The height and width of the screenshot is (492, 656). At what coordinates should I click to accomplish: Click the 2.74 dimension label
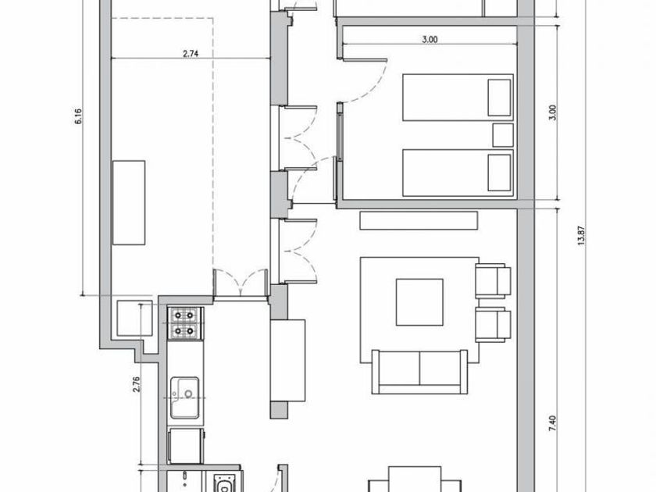click(x=190, y=53)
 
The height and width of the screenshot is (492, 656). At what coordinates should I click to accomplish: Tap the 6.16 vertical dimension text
click(x=79, y=116)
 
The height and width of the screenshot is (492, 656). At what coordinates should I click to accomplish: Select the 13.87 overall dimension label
click(x=581, y=236)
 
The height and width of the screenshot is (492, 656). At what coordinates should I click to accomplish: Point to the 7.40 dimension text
click(x=552, y=423)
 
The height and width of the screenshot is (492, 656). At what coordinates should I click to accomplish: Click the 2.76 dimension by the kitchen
click(x=136, y=384)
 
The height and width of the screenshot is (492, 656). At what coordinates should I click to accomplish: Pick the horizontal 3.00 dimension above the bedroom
click(x=430, y=40)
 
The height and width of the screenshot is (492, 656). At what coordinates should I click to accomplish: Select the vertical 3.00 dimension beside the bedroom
click(x=552, y=113)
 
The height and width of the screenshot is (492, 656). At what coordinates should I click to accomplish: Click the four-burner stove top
click(x=184, y=323)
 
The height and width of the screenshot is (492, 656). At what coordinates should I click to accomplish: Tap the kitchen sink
click(x=184, y=398)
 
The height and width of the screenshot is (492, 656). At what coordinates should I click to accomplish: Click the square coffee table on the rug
click(x=419, y=302)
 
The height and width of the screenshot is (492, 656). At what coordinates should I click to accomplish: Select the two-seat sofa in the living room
click(x=419, y=372)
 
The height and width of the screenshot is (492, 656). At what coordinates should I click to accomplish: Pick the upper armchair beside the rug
click(x=494, y=280)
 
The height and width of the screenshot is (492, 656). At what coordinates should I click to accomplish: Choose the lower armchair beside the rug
click(x=494, y=325)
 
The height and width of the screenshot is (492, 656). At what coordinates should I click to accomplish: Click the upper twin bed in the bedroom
click(x=458, y=98)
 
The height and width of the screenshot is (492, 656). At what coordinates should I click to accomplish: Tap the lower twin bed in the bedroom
click(x=458, y=173)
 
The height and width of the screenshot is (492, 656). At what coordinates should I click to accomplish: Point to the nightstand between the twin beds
click(x=503, y=135)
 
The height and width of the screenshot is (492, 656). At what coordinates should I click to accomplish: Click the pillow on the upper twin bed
click(x=499, y=98)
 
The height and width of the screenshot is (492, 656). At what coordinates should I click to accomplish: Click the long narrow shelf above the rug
click(x=419, y=220)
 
